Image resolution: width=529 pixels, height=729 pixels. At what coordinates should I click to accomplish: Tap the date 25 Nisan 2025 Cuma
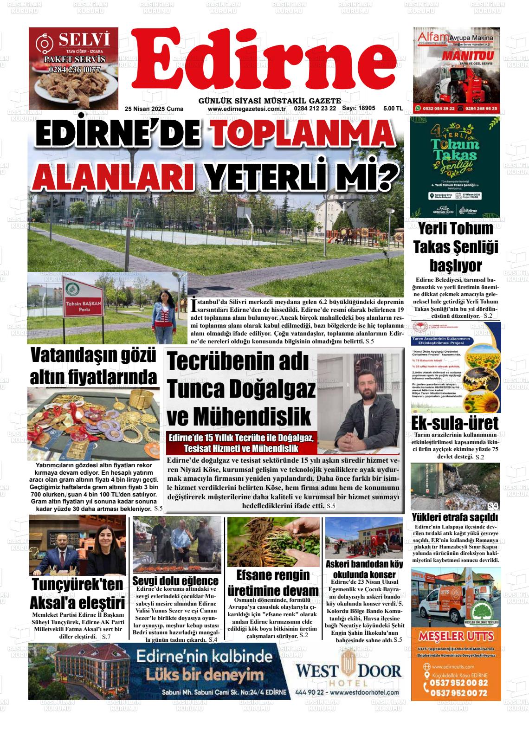click(154, 109)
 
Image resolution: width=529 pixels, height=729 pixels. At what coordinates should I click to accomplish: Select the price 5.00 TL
click(393, 109)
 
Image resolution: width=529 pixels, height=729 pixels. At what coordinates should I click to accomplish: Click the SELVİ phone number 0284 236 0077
click(74, 70)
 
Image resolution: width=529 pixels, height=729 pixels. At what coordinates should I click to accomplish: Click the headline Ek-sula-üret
click(455, 423)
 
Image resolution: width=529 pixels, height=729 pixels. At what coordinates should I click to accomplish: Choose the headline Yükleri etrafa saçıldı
click(455, 517)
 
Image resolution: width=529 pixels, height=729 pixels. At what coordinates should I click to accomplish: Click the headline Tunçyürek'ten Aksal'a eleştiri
click(77, 594)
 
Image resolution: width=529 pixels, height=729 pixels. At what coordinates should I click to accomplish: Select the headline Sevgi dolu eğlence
click(175, 581)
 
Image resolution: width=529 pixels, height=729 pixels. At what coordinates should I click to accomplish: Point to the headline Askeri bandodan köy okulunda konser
click(364, 569)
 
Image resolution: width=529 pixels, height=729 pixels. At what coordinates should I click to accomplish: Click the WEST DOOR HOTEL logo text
click(348, 671)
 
